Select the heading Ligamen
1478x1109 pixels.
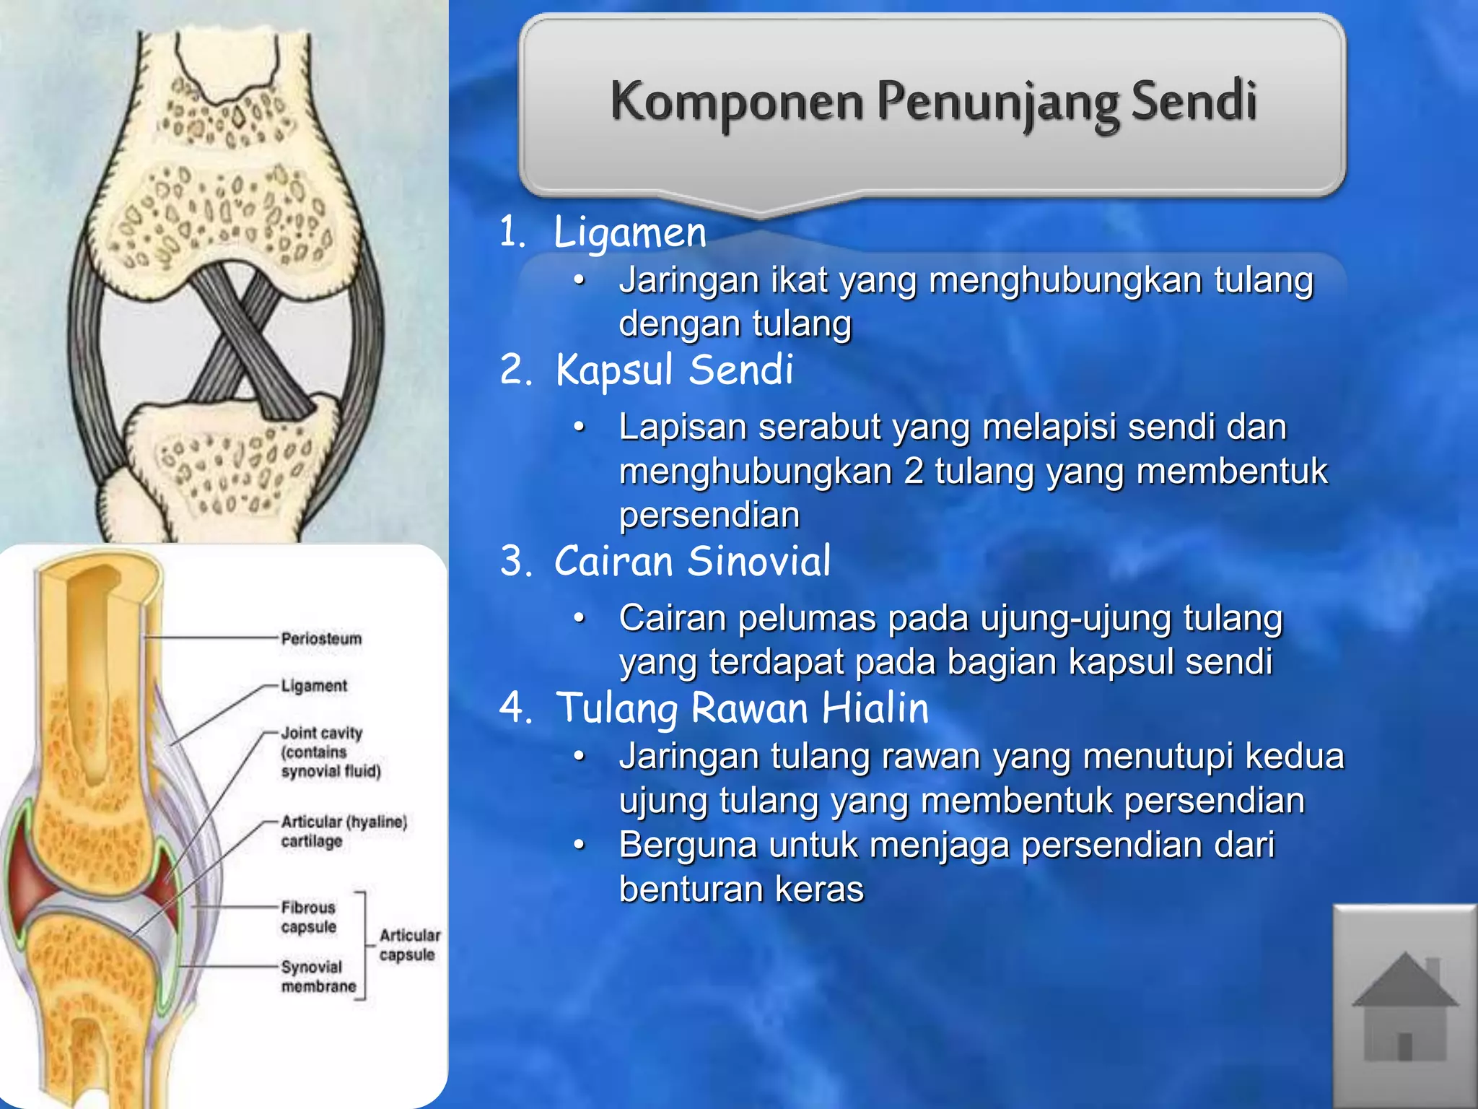tap(629, 233)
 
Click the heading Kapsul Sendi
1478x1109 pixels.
tap(674, 370)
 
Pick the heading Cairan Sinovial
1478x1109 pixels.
tap(692, 562)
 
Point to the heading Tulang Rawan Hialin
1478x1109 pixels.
tap(742, 708)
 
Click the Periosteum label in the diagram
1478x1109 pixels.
tap(321, 639)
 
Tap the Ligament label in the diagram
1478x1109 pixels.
tap(314, 686)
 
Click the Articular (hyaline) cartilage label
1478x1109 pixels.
tap(343, 831)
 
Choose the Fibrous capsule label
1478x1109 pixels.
tap(309, 917)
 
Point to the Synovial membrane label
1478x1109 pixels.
tap(318, 976)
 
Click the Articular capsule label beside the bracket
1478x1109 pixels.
tap(409, 944)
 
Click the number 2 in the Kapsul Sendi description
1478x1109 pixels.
tap(914, 471)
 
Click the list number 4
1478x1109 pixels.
tap(514, 708)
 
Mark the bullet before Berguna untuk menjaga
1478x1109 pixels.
tap(579, 844)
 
